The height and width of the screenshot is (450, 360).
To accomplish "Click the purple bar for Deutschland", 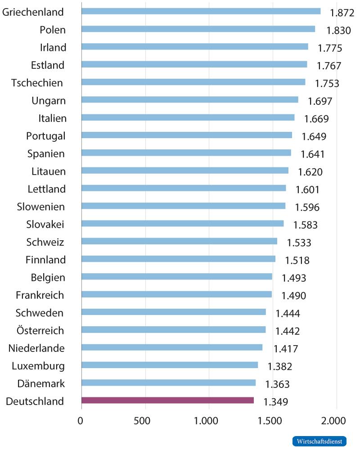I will coord(167,400).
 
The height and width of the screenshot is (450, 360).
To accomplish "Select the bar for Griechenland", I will coord(201,11).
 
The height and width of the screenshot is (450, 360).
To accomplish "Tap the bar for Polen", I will coord(198,29).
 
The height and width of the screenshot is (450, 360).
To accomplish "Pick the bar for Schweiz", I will coord(179,241).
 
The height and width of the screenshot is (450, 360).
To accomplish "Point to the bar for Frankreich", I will coord(176,294).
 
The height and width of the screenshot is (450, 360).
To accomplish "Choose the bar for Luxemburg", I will coord(170,365).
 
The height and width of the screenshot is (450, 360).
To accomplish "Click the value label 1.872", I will coord(342,13).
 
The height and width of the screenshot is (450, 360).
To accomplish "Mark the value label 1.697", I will coord(320,101).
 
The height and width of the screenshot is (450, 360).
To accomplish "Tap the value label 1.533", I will coord(299,243).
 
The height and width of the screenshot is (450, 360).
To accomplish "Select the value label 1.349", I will coord(276,402).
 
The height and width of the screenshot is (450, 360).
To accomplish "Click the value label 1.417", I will coord(286,349).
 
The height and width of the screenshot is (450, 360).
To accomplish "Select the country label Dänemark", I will coord(41,384).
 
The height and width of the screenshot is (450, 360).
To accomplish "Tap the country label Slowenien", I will coord(40,207).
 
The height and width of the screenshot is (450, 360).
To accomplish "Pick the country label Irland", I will coord(53,48).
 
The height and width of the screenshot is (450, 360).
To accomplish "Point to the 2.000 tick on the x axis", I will coord(335,421).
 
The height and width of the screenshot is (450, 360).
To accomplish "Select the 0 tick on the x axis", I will coord(81,421).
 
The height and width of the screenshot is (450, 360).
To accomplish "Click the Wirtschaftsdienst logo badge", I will coord(319,441).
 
